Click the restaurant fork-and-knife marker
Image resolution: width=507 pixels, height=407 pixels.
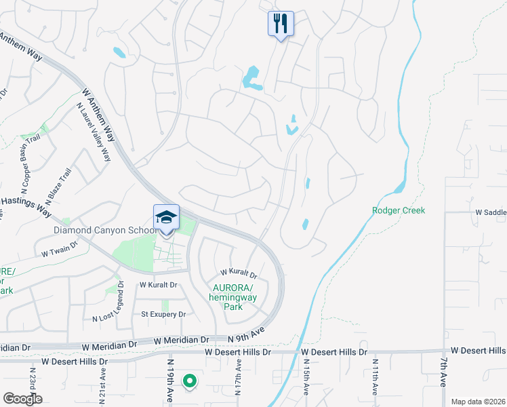coord(280,24)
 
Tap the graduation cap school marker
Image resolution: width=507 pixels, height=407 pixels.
coord(166,218)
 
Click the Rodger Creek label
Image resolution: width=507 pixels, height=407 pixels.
coord(399,210)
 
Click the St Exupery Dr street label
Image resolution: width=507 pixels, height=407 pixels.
coord(163,315)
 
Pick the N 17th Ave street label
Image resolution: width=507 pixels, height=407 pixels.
coord(239,376)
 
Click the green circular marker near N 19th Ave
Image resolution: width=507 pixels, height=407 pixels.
coord(190,382)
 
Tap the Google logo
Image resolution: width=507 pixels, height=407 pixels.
coord(22,399)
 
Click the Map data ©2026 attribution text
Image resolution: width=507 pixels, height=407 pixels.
coord(478,402)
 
